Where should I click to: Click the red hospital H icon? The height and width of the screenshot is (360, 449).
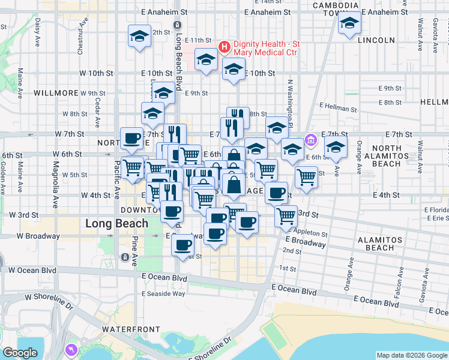point(224,46)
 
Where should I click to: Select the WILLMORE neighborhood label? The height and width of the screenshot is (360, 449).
point(56,93)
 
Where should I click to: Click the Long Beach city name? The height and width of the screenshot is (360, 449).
point(116,224)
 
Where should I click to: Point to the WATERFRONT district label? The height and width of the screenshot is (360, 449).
point(131,329)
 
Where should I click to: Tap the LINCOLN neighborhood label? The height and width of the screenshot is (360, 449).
point(376,40)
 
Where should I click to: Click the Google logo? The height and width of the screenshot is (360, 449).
point(19,352)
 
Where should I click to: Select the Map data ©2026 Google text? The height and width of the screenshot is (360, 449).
point(411,355)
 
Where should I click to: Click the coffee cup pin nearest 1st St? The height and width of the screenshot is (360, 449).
point(182,244)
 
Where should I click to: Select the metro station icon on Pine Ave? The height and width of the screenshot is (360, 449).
point(124,257)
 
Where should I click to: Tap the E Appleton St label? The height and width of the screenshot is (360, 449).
point(308,233)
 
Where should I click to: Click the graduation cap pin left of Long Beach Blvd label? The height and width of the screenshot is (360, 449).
point(139,36)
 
